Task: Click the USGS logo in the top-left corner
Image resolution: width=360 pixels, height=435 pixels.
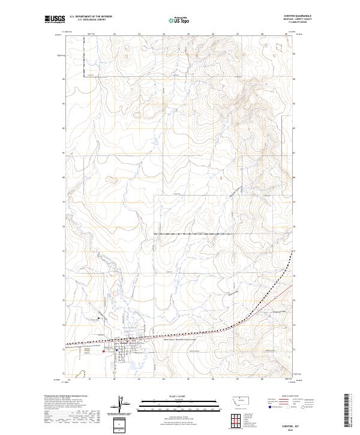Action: point(55,20)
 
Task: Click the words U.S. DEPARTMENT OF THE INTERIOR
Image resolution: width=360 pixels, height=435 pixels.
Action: point(91,17)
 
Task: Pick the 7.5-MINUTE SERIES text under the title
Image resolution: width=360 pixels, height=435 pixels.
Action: point(302,23)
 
